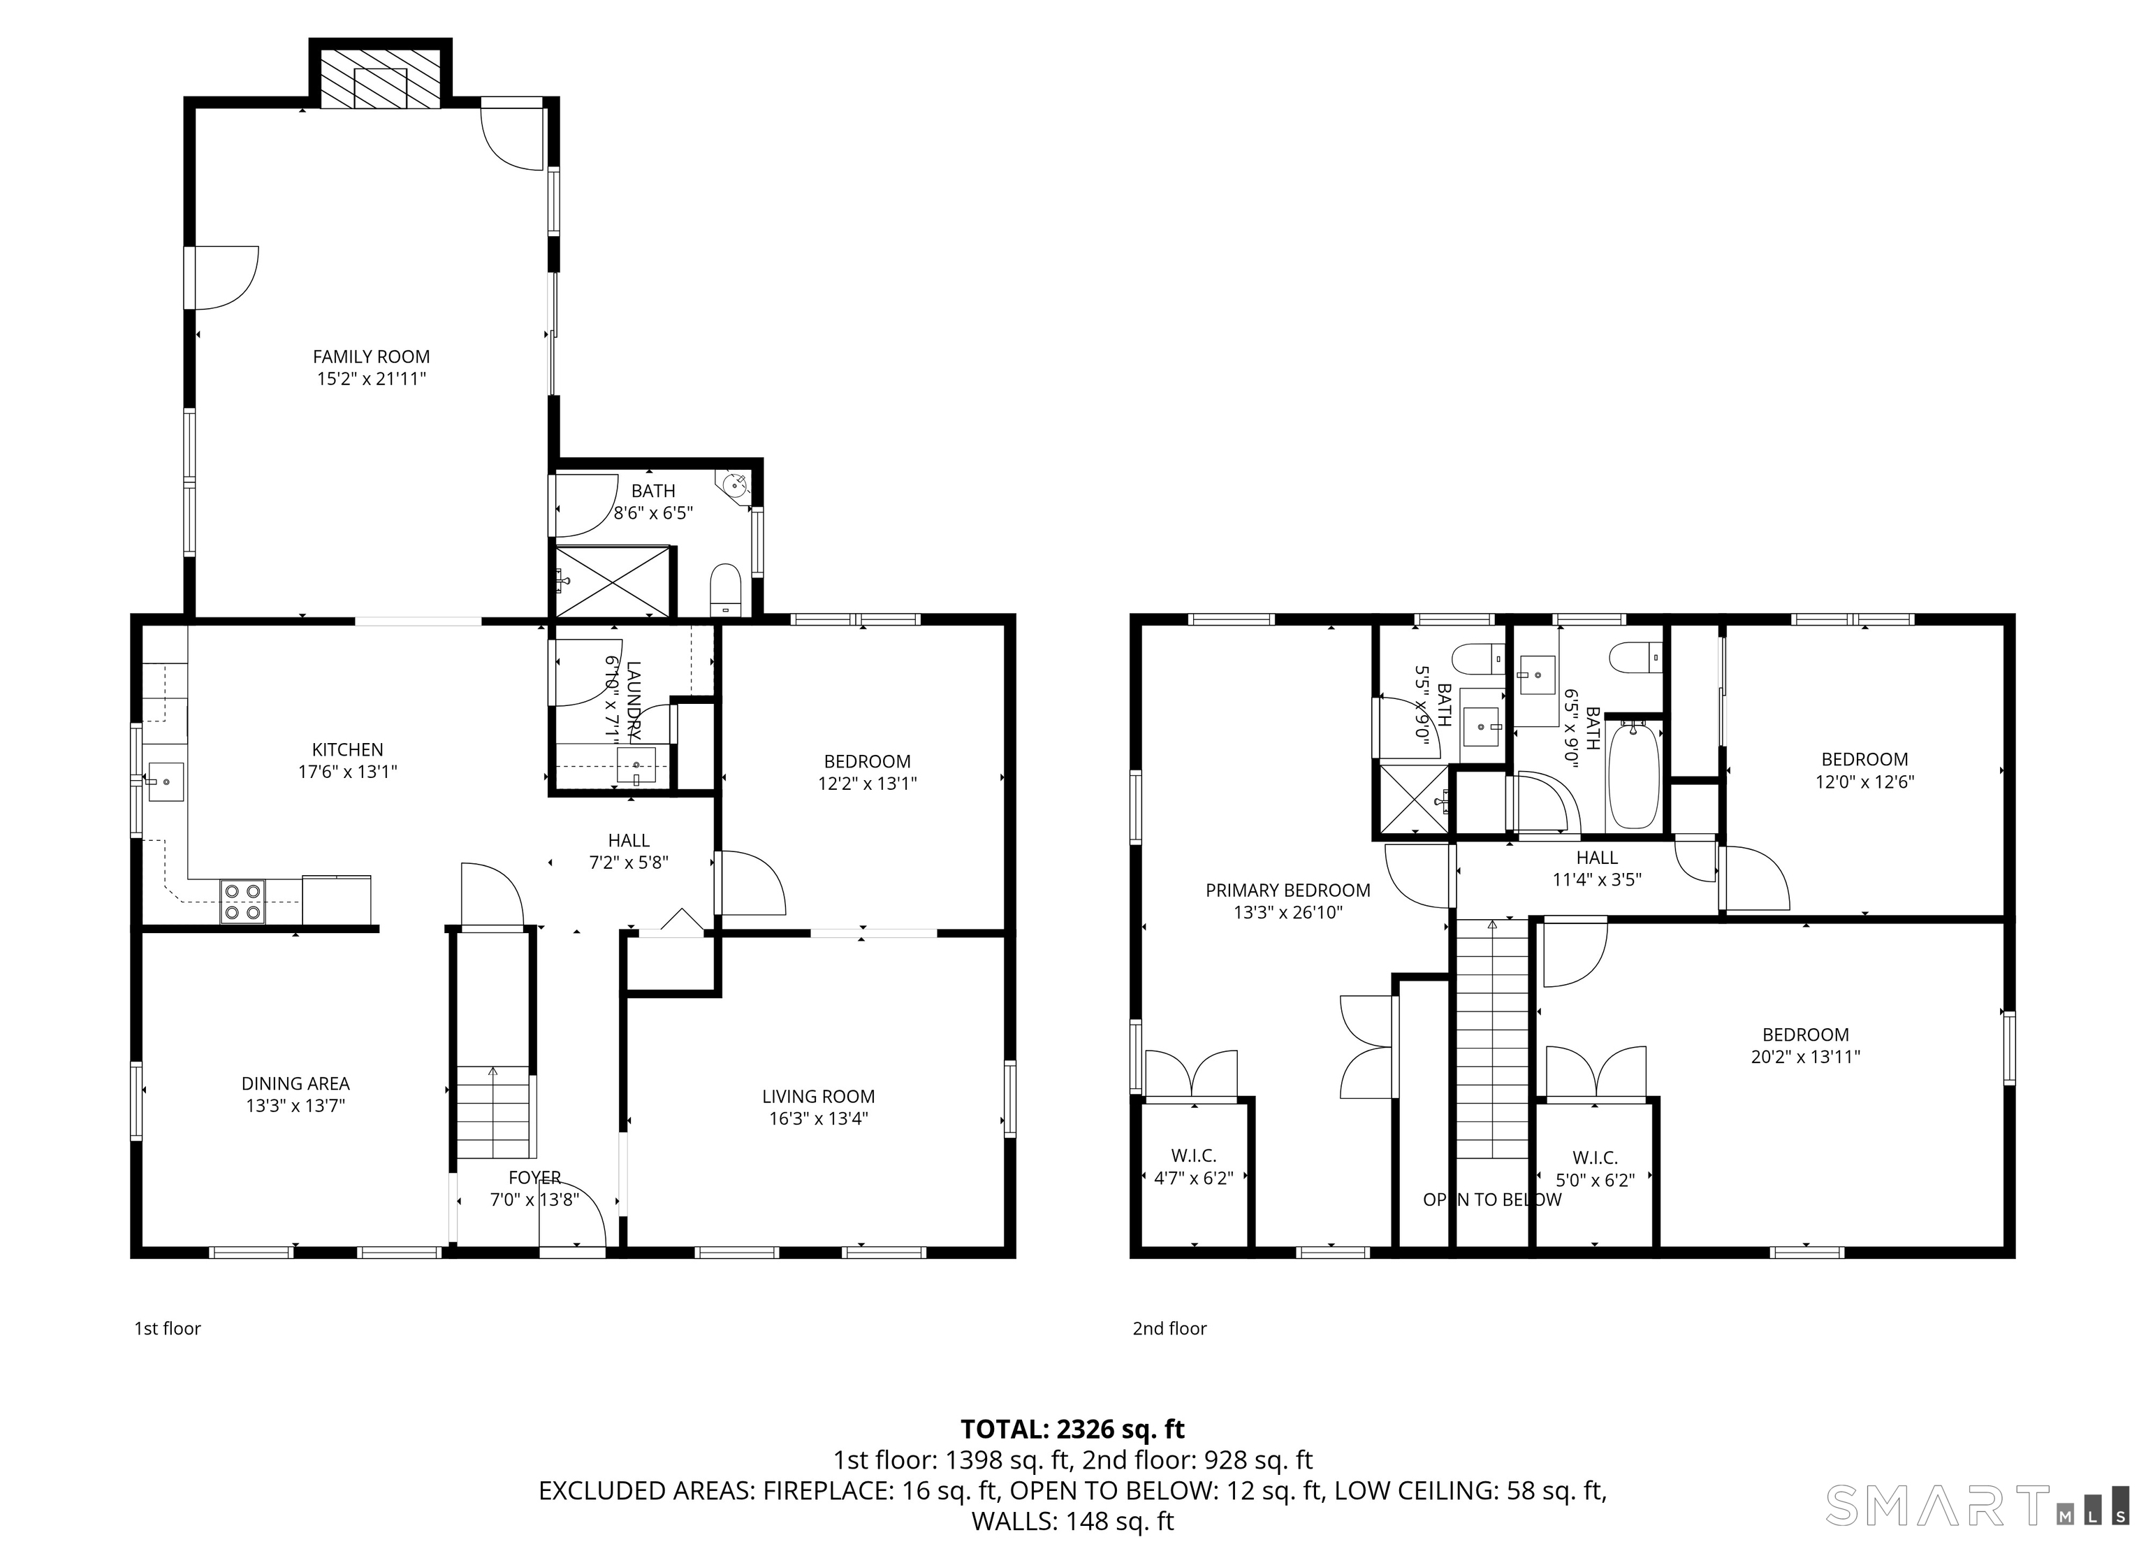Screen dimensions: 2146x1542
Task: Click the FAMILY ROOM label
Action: (371, 357)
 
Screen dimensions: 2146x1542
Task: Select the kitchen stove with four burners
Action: (242, 901)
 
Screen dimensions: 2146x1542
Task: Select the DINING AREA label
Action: (295, 1084)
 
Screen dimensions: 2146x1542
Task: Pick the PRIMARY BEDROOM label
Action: (1287, 890)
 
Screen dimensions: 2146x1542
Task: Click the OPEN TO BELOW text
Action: (1492, 1199)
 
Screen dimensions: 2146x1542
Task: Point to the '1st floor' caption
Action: (168, 1328)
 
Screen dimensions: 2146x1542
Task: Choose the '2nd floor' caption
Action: (1169, 1328)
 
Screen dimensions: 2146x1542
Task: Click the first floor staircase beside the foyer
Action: (493, 1112)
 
